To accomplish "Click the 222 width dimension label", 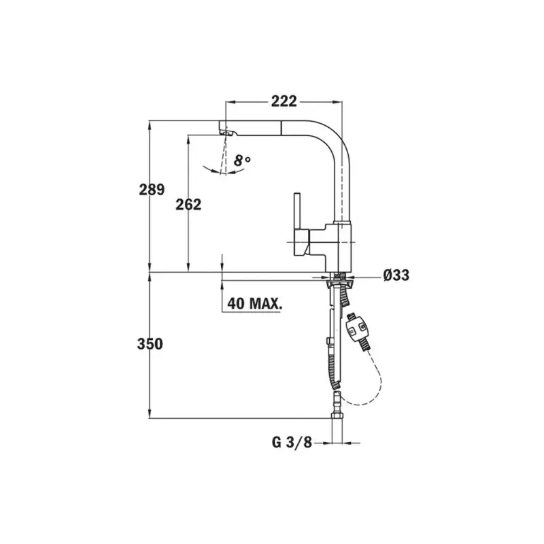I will tap(284, 101).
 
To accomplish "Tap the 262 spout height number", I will tap(188, 204).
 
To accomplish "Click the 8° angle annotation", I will tap(241, 161).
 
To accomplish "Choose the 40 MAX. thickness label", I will tap(255, 303).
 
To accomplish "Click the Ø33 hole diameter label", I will tap(396, 275).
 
